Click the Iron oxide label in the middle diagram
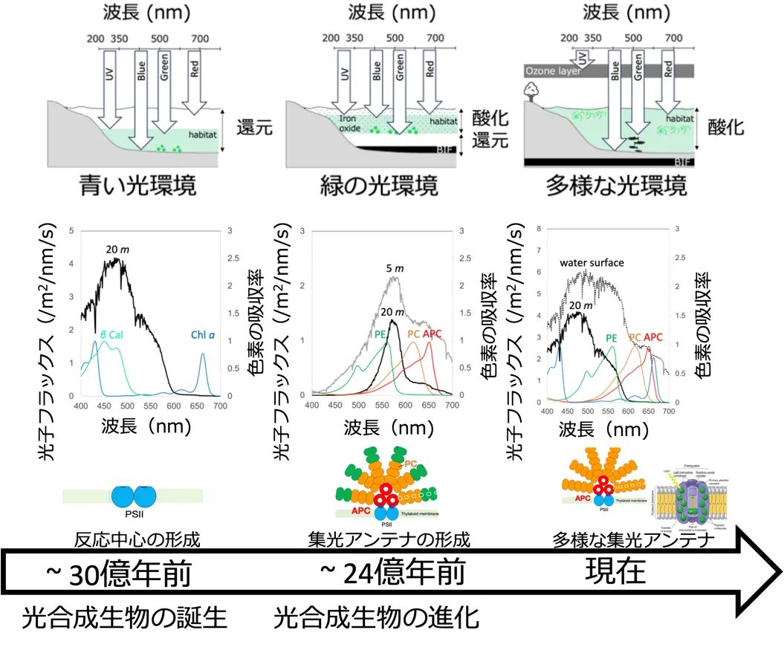tap(349, 123)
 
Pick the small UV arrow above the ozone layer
tap(583, 58)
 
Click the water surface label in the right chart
tap(592, 263)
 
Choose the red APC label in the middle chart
tap(432, 334)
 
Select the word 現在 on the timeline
tap(615, 571)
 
